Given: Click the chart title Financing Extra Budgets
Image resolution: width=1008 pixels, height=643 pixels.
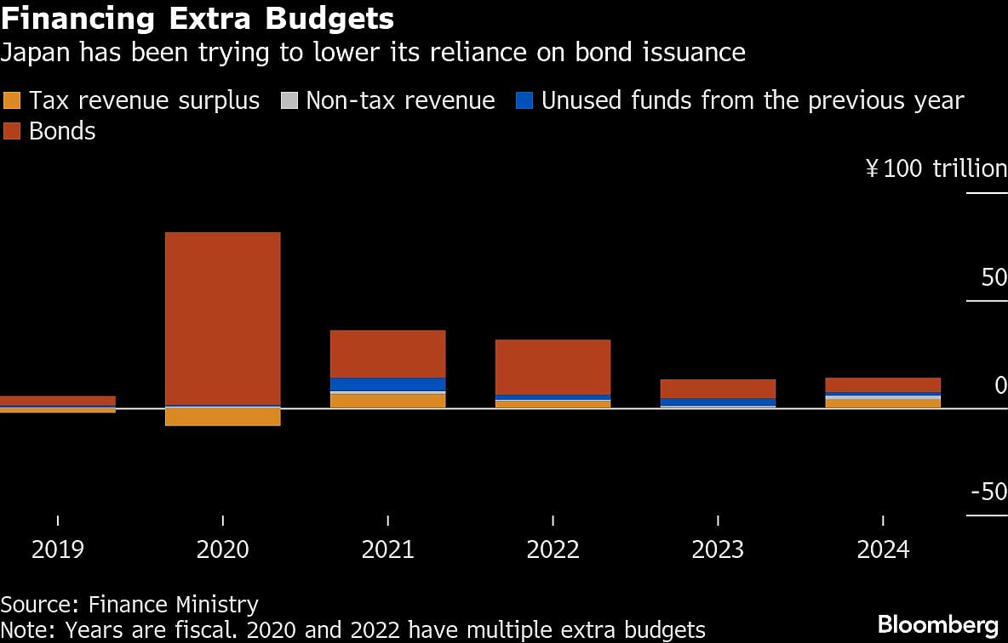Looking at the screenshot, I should click(x=197, y=18).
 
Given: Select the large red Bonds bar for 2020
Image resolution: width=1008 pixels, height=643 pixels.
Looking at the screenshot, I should click(x=222, y=319).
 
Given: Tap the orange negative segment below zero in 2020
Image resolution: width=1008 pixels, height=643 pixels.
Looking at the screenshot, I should click(x=222, y=417).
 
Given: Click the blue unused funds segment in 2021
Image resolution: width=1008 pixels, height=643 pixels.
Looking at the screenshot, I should click(x=387, y=384).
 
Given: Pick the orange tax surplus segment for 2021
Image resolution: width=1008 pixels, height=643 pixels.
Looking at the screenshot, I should click(x=387, y=401).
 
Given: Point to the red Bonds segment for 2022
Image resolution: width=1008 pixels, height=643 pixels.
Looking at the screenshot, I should click(x=553, y=367).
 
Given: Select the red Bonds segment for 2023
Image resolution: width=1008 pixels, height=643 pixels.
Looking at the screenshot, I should click(x=718, y=389).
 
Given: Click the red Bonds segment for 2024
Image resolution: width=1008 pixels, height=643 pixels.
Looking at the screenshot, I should click(x=883, y=384).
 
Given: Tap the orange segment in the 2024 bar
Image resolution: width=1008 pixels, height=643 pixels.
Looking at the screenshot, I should click(x=883, y=403).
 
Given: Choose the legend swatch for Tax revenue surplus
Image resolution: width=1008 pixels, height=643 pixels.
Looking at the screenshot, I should click(x=13, y=101).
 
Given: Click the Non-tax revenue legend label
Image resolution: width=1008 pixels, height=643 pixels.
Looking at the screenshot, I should click(x=400, y=100).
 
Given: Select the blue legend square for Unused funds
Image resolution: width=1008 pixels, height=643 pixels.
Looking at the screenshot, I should click(x=525, y=101).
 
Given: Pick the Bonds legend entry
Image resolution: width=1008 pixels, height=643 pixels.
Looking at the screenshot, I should click(x=61, y=131).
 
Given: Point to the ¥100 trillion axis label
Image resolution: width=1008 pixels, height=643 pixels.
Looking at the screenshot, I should click(x=936, y=168).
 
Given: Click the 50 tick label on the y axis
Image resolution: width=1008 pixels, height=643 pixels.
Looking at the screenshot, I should click(x=994, y=277).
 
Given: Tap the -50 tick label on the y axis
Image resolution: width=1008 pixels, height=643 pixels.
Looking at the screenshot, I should click(x=988, y=492).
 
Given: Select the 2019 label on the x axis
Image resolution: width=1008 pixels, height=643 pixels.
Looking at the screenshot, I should click(x=57, y=549).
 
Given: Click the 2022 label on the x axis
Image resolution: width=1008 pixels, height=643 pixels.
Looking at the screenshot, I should click(x=553, y=549).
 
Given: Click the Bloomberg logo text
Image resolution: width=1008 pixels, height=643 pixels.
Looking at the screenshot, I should click(x=937, y=624).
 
